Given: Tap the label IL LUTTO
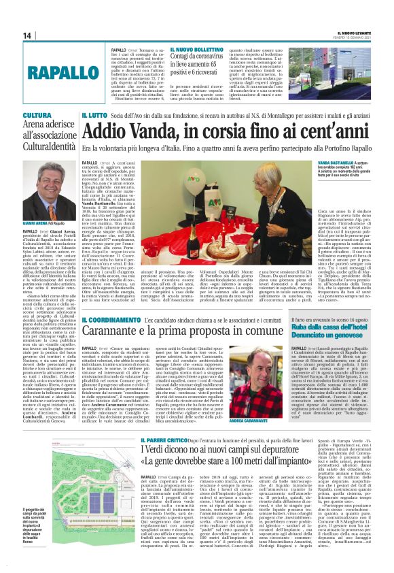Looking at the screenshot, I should click(x=94, y=116).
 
